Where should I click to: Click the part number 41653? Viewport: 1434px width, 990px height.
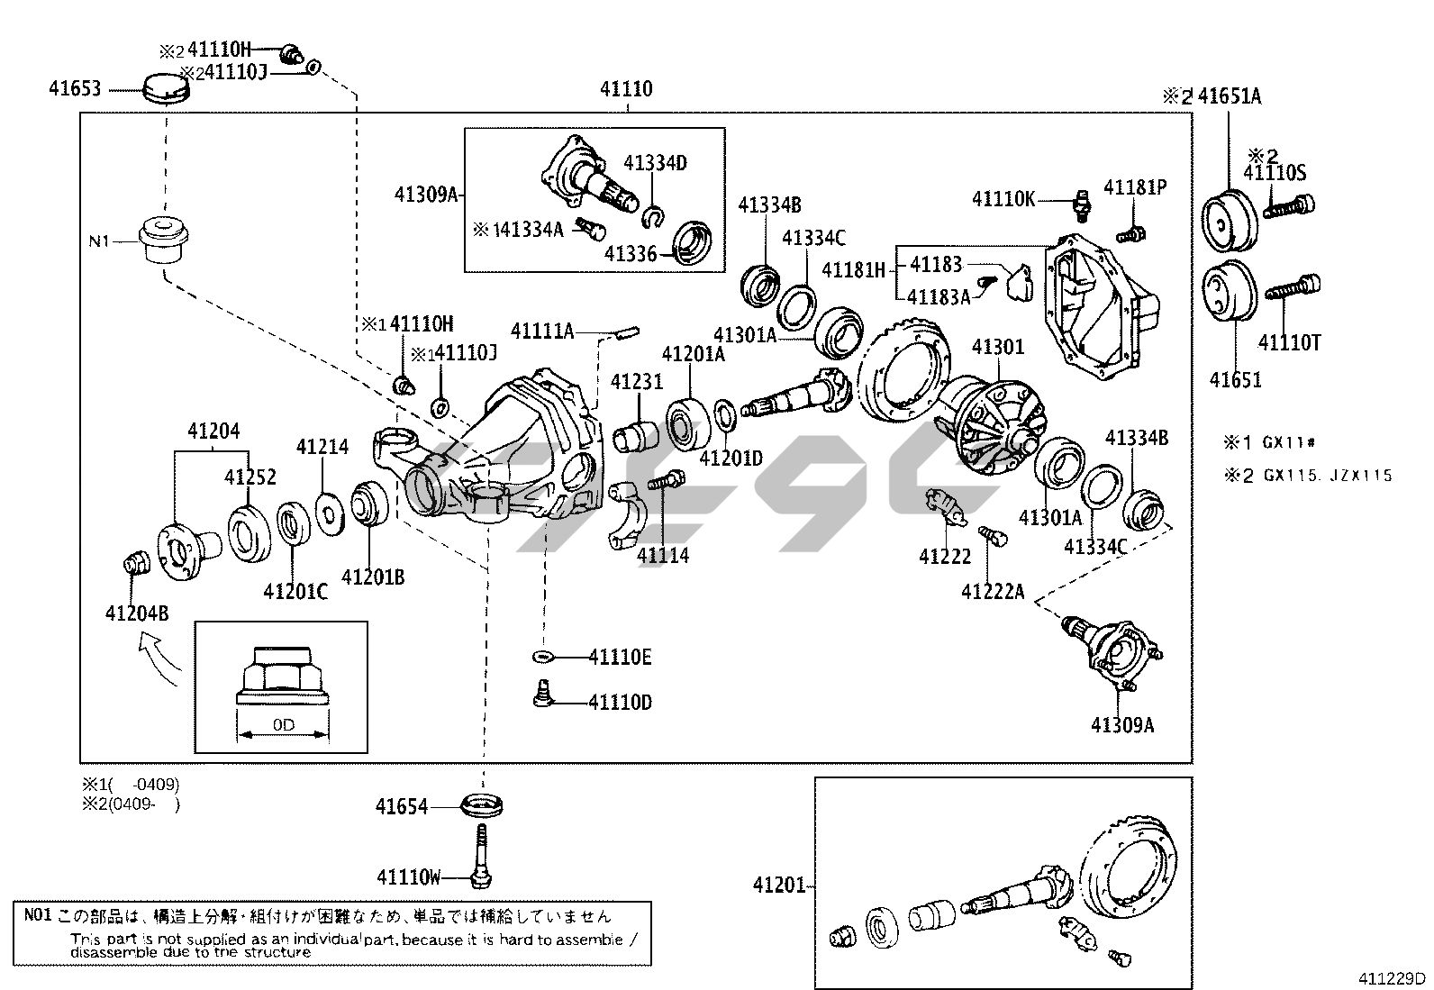[x=75, y=88]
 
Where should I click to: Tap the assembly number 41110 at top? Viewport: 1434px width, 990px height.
[x=626, y=89]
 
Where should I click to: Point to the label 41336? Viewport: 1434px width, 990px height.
[x=631, y=254]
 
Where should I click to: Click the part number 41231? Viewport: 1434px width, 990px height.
[x=636, y=382]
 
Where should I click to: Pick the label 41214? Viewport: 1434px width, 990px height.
[x=322, y=446]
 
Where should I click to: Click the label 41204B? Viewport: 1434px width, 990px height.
[x=137, y=613]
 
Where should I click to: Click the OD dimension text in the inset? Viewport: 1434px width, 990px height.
[x=283, y=725]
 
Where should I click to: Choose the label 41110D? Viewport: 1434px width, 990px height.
[x=620, y=702]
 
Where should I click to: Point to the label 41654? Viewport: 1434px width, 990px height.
[x=402, y=807]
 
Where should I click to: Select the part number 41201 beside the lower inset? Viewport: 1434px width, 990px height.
[x=779, y=886]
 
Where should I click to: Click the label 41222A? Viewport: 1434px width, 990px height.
[x=993, y=592]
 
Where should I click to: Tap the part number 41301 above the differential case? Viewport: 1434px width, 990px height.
[x=998, y=347]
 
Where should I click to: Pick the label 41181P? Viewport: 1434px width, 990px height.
[x=1135, y=187]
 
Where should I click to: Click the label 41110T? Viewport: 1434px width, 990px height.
[x=1289, y=342]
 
